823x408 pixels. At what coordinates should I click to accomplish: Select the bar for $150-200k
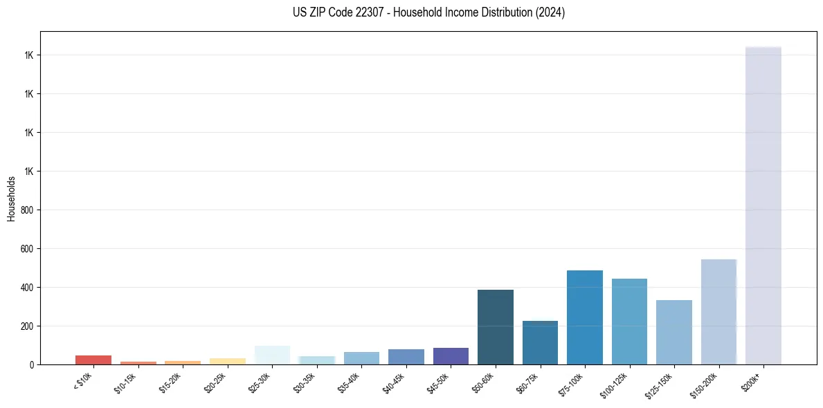click(x=718, y=312)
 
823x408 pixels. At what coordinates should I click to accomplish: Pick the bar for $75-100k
click(x=584, y=317)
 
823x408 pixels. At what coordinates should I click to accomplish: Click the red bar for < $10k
click(x=93, y=360)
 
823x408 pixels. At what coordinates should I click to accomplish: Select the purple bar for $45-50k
click(x=451, y=356)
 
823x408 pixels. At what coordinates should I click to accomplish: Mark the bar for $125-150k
click(x=673, y=332)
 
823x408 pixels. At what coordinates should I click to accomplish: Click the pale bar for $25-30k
click(x=272, y=355)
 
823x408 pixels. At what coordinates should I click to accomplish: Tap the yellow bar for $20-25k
click(x=227, y=361)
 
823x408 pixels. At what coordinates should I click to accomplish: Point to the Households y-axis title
click(x=11, y=198)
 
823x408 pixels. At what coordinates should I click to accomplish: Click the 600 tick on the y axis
click(x=27, y=248)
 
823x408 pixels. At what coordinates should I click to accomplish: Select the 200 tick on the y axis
click(x=27, y=326)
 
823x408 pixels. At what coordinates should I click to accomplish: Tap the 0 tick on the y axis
click(x=31, y=364)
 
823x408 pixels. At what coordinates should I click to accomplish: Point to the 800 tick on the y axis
click(x=27, y=210)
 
